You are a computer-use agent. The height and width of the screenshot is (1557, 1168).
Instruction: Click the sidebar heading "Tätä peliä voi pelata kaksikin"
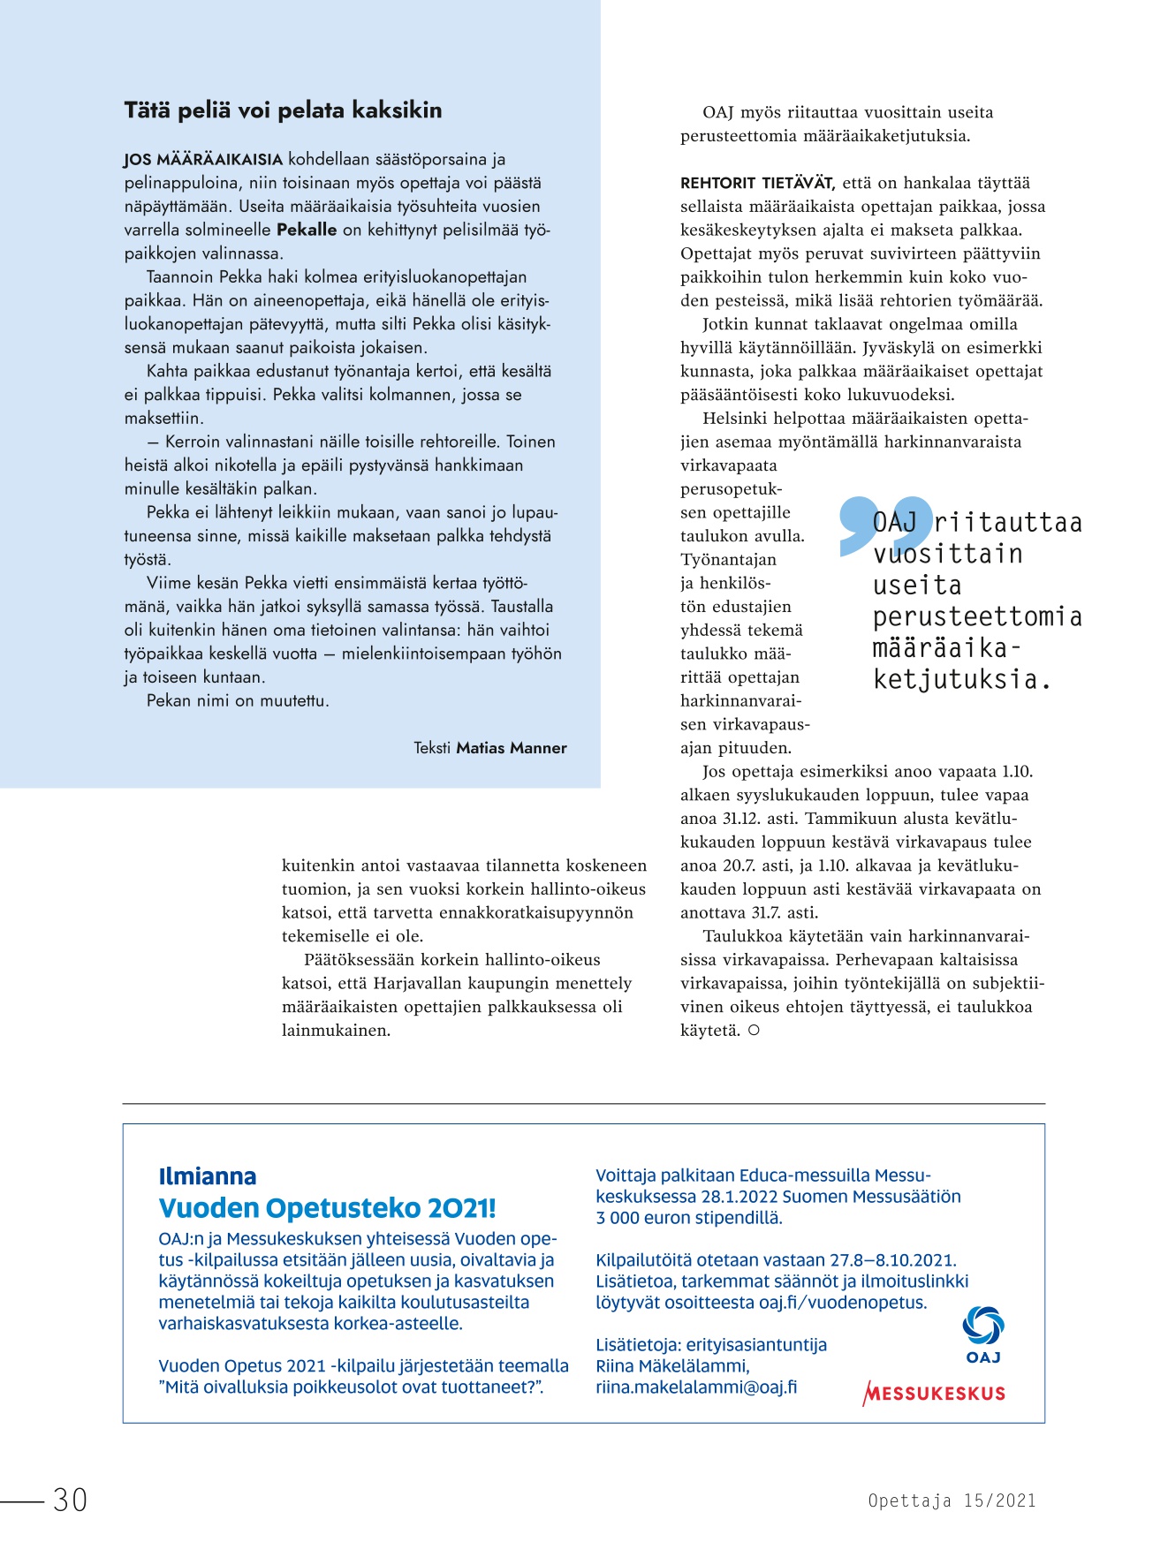point(283,110)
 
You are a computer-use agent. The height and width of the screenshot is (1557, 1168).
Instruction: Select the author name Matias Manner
point(512,748)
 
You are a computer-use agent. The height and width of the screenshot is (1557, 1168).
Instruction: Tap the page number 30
point(70,1500)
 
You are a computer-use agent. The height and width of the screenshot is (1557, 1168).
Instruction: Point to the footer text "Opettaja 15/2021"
point(952,1500)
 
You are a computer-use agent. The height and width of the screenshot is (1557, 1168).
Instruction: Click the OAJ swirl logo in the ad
point(983,1326)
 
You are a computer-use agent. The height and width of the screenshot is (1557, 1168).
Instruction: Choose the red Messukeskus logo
point(934,1394)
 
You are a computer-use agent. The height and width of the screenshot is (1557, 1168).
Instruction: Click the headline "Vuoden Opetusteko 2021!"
point(327,1208)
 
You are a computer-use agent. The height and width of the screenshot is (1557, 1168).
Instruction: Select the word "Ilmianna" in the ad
point(208,1176)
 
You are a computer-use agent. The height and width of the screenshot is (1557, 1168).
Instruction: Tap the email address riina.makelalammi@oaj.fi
point(696,1387)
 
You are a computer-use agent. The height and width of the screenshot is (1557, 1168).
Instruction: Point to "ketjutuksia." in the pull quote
point(962,679)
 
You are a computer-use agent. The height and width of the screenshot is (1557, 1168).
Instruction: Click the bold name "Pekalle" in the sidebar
point(307,230)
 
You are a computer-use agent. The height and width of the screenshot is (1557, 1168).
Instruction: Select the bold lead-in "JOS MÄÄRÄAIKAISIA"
point(203,160)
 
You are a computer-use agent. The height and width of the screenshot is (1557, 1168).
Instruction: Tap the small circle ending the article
point(754,1030)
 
